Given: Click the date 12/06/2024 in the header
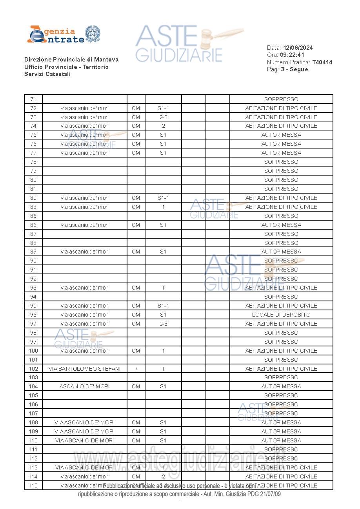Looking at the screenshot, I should click(x=298, y=48).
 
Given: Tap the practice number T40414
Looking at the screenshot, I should click(x=322, y=62).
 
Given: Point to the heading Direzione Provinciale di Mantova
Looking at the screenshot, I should click(x=71, y=60).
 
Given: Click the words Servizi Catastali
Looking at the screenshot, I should click(x=47, y=74).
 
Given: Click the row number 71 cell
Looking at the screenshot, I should click(x=33, y=99).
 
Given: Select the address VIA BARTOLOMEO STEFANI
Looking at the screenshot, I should click(x=84, y=369).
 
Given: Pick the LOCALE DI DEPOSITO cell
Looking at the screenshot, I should click(x=281, y=315).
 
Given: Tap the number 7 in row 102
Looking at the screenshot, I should click(x=136, y=369).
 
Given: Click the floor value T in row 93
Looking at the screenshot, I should click(x=163, y=288).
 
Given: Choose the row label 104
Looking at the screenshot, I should click(x=33, y=386).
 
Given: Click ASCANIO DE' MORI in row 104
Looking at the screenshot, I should click(x=84, y=386).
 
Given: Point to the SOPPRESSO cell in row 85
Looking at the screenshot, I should click(x=281, y=216).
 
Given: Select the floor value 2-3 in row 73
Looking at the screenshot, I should click(x=163, y=117).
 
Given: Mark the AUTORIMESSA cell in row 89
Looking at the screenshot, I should click(x=281, y=252).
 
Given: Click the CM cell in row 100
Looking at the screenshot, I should click(x=136, y=351).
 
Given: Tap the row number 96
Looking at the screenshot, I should click(x=33, y=315).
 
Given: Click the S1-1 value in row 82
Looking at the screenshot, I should click(x=163, y=198).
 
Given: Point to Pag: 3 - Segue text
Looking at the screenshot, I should click(x=287, y=69).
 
